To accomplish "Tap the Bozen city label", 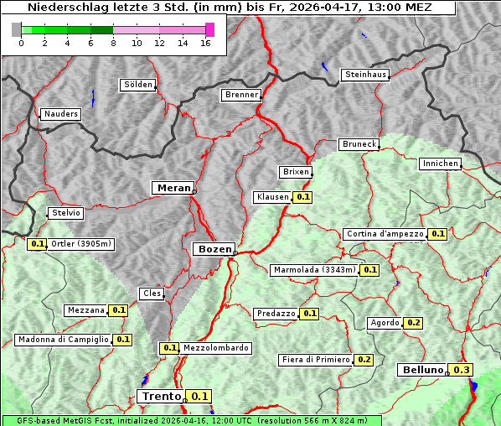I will pyautogui.click(x=213, y=249).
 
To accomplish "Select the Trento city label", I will pyautogui.click(x=161, y=396).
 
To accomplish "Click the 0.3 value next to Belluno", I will pyautogui.click(x=461, y=370).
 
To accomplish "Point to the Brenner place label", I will pyautogui.click(x=241, y=95).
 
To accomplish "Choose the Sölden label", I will pyautogui.click(x=138, y=85).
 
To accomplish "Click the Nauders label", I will pyautogui.click(x=60, y=114).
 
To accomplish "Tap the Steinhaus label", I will pyautogui.click(x=366, y=75).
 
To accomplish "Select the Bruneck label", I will pyautogui.click(x=359, y=144).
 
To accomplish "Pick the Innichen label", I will pyautogui.click(x=440, y=164).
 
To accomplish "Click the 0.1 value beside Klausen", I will pyautogui.click(x=303, y=198).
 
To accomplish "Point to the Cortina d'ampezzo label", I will pyautogui.click(x=384, y=234).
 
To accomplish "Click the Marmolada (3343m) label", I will pyautogui.click(x=313, y=270).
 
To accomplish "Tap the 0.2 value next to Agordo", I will pyautogui.click(x=414, y=323).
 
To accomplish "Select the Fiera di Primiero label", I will pyautogui.click(x=315, y=360).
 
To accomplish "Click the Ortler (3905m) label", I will pyautogui.click(x=81, y=244).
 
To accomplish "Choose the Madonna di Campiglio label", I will pyautogui.click(x=63, y=340).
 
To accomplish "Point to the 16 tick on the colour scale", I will pyautogui.click(x=205, y=43).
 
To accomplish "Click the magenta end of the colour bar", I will pyautogui.click(x=209, y=29).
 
